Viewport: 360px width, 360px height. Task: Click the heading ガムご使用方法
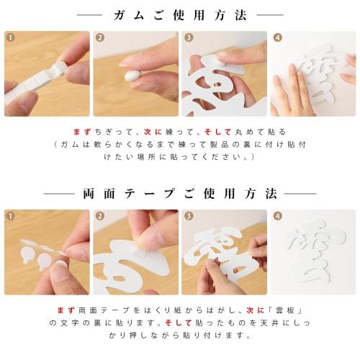[x=179, y=14]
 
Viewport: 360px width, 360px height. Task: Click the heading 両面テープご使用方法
[x=179, y=194]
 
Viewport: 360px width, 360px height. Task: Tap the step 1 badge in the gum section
[x=9, y=37]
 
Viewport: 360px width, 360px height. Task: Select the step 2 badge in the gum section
[x=99, y=37]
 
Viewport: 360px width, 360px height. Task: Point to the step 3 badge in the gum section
[x=188, y=37]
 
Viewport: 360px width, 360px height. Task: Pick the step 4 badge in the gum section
[x=277, y=37]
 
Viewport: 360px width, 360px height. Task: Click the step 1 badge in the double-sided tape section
[x=9, y=216]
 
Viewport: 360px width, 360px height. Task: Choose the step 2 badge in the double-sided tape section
[x=99, y=216]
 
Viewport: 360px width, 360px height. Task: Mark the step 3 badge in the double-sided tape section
[x=188, y=216]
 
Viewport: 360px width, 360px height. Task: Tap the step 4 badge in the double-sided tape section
[x=277, y=216]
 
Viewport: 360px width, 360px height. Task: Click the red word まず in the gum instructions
[x=83, y=132]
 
